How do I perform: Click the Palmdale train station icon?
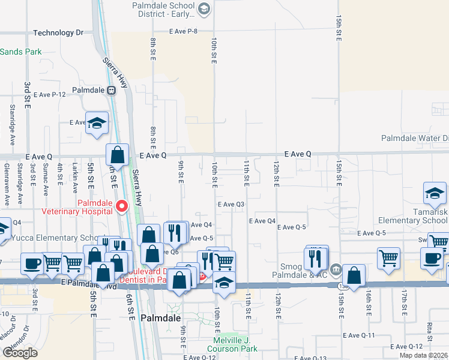click(111, 90)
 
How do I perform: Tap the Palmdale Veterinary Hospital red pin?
click(122, 206)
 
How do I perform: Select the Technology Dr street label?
click(58, 33)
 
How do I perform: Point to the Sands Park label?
click(21, 52)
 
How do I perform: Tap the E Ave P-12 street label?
click(49, 94)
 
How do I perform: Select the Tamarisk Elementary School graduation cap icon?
click(435, 194)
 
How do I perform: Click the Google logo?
click(20, 352)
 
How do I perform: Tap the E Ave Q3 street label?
click(231, 204)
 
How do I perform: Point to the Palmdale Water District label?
click(415, 138)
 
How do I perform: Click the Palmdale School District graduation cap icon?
click(204, 8)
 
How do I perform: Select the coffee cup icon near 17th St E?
click(430, 258)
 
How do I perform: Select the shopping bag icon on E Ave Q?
click(118, 155)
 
